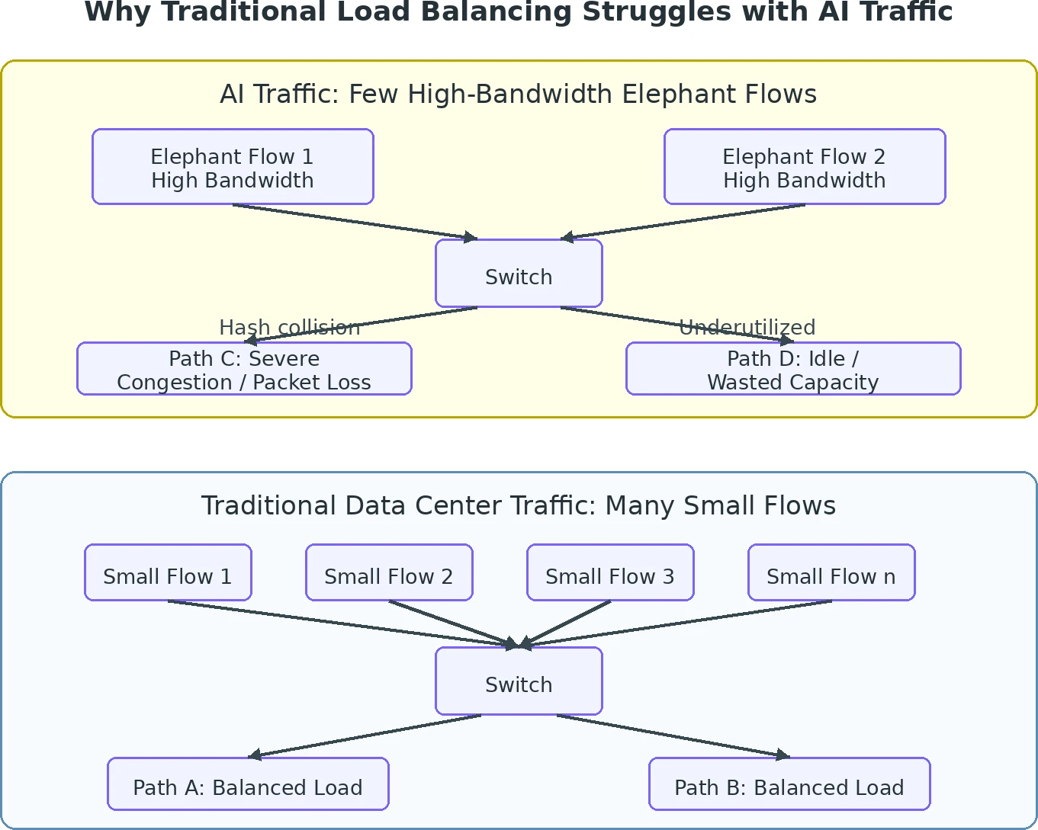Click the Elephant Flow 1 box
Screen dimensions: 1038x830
pos(233,166)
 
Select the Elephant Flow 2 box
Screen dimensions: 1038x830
pos(805,166)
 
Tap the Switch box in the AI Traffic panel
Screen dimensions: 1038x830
pos(519,274)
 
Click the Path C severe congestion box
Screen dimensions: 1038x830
pos(244,369)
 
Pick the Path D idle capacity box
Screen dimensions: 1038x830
pos(793,369)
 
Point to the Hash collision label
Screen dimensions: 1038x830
pos(289,328)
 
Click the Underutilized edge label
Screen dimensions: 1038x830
pos(747,328)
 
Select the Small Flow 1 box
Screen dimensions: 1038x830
pos(168,572)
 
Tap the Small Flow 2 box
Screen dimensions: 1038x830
pos(389,572)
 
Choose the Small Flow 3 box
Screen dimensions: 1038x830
pos(610,572)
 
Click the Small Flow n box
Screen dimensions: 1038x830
pos(831,572)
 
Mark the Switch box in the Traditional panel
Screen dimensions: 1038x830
pos(519,681)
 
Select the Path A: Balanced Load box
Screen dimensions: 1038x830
pos(248,784)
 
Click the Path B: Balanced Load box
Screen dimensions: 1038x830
pos(789,784)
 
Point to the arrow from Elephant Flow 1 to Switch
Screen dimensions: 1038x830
pos(355,222)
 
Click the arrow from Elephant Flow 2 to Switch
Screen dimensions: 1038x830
pos(683,222)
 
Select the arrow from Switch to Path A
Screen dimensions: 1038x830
pos(364,736)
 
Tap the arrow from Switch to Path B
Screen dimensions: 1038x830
pos(673,736)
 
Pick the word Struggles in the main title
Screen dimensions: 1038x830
pos(657,12)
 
